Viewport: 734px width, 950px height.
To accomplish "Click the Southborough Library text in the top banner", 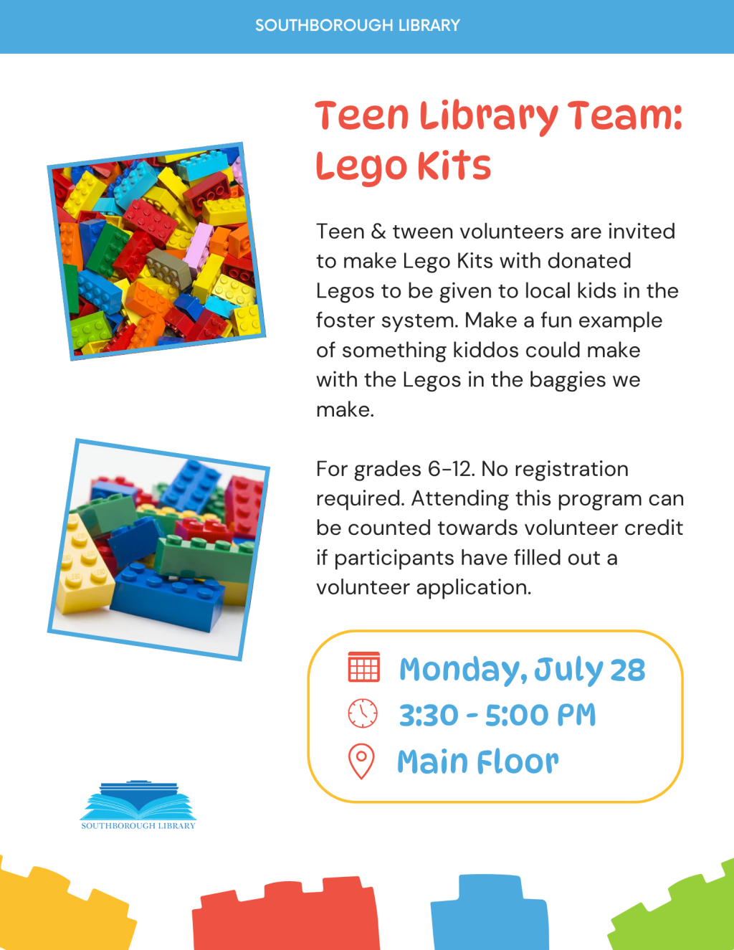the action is [x=358, y=25].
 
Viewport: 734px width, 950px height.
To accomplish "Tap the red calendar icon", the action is [x=364, y=667].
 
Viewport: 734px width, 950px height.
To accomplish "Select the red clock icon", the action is [x=363, y=713].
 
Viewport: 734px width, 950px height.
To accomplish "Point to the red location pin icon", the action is [x=361, y=761].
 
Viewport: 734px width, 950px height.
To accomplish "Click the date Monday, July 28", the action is [x=522, y=670].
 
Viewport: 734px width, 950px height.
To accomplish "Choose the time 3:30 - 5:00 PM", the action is [x=497, y=716].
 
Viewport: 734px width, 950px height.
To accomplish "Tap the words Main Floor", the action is [x=478, y=761].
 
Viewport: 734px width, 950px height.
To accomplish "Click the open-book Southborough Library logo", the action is [x=138, y=805].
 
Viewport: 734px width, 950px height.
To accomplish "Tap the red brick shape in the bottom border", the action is [x=286, y=913].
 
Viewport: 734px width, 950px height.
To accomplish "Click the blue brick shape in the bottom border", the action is [x=490, y=913].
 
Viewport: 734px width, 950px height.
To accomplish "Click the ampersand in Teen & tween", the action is [x=378, y=232].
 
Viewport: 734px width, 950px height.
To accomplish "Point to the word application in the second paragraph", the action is [x=474, y=588].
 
